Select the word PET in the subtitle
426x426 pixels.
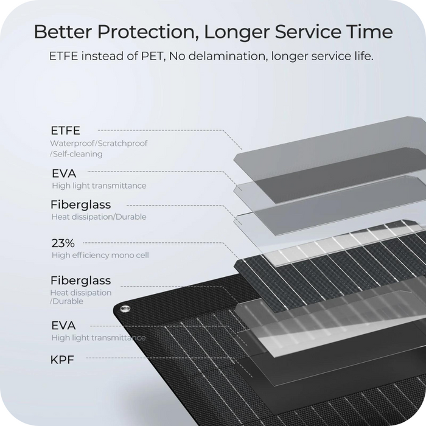tap(153, 56)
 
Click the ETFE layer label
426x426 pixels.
tap(66, 131)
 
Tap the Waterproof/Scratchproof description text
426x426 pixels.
tap(99, 143)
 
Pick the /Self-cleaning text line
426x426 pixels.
tap(76, 154)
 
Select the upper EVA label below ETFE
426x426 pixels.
tap(64, 173)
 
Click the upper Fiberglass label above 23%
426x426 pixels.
tap(81, 204)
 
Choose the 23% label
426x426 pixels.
tap(63, 243)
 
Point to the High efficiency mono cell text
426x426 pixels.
tap(100, 255)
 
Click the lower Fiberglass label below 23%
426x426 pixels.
tap(81, 281)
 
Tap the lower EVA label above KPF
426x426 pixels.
tap(63, 325)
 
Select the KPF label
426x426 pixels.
tap(62, 360)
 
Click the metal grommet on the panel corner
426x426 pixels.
tap(125, 309)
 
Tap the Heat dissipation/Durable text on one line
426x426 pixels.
tap(99, 217)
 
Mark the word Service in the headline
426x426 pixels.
tap(308, 32)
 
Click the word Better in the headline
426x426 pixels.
tap(63, 32)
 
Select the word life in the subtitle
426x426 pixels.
tap(365, 56)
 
